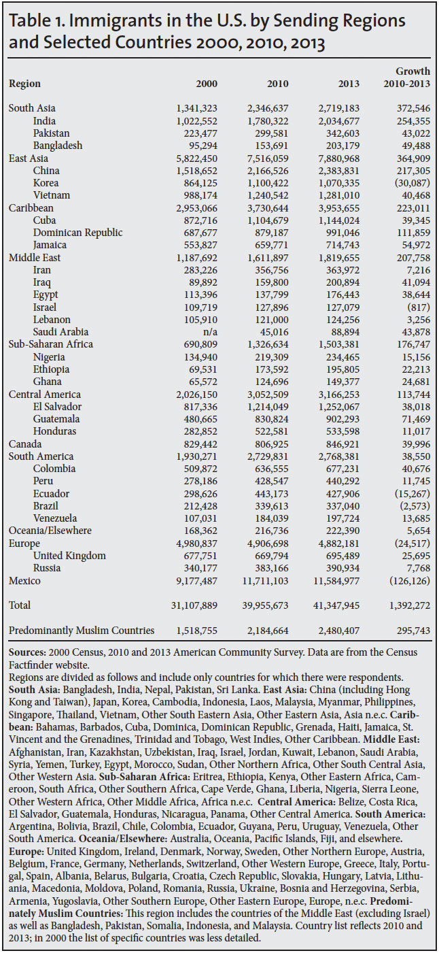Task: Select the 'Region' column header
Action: click(x=24, y=84)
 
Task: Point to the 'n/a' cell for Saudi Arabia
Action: click(x=209, y=332)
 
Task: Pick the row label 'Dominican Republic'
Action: click(x=77, y=233)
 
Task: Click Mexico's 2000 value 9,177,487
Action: click(x=193, y=580)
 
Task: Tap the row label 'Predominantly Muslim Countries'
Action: click(x=81, y=631)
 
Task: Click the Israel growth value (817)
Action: click(x=416, y=307)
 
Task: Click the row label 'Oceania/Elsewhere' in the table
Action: click(x=50, y=531)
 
